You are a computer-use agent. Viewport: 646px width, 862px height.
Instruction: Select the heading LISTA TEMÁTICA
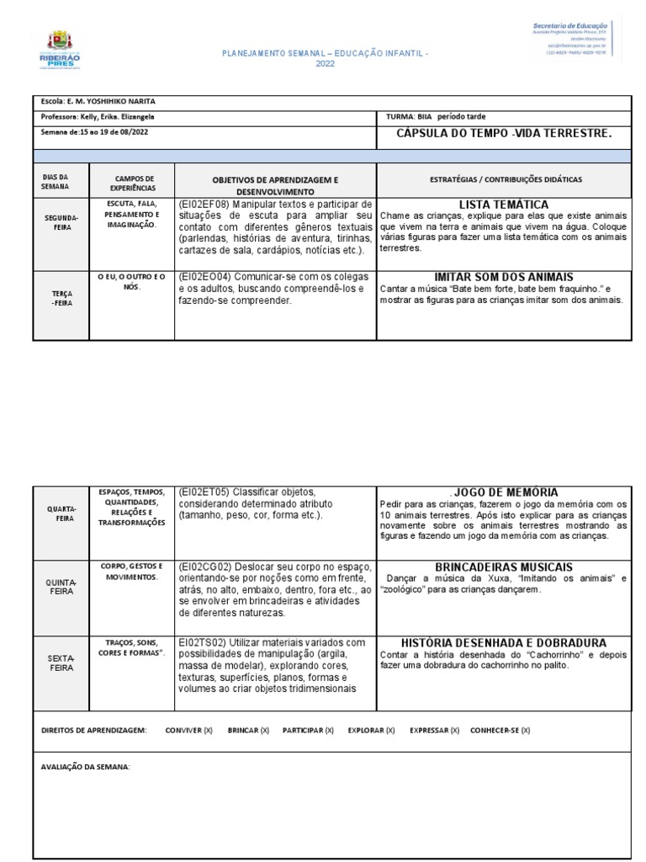click(x=503, y=205)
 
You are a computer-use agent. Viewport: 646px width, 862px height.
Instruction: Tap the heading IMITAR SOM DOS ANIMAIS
click(x=503, y=277)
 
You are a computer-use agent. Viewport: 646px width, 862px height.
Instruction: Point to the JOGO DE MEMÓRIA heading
click(x=505, y=492)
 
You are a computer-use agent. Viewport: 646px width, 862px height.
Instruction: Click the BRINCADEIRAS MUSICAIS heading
click(x=503, y=567)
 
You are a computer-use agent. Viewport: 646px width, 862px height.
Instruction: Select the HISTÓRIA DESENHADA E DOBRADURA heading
click(x=503, y=642)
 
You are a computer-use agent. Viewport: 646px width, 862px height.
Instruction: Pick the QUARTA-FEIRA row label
click(x=61, y=513)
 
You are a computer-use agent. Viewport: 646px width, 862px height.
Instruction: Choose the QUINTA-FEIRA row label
click(x=61, y=587)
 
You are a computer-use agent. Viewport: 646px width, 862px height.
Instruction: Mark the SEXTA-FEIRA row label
click(x=61, y=662)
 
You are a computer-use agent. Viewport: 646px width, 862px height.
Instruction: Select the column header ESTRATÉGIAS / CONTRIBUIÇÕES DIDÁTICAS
click(x=503, y=179)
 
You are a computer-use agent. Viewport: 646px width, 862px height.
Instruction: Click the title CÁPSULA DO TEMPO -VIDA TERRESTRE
click(x=503, y=134)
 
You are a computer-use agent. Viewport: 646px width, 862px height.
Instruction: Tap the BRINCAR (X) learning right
click(x=248, y=731)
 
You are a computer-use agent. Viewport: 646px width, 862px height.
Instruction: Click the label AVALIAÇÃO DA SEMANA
click(x=86, y=767)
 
